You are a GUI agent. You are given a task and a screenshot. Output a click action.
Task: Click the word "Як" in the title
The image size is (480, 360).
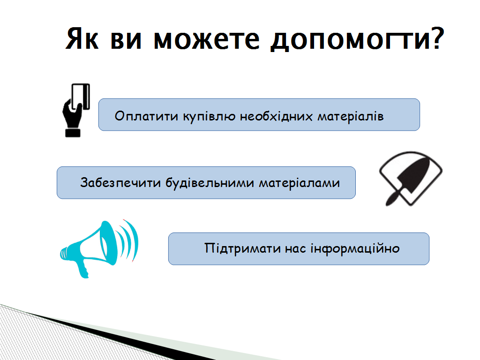(82, 38)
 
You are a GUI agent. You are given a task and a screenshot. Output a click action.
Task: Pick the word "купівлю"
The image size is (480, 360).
(210, 117)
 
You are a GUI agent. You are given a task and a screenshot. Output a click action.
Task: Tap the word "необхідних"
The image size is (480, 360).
(276, 116)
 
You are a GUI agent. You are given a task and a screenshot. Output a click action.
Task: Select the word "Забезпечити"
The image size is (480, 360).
(120, 182)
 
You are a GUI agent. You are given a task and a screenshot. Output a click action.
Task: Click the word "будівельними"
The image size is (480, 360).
(210, 182)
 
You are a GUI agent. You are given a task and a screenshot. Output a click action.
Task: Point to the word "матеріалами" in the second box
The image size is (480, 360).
(300, 183)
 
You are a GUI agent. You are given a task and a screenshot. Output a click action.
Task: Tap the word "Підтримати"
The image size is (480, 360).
(242, 248)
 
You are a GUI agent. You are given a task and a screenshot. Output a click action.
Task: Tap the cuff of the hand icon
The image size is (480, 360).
(73, 133)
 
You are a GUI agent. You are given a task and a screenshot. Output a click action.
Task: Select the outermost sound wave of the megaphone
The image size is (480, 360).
(135, 239)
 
